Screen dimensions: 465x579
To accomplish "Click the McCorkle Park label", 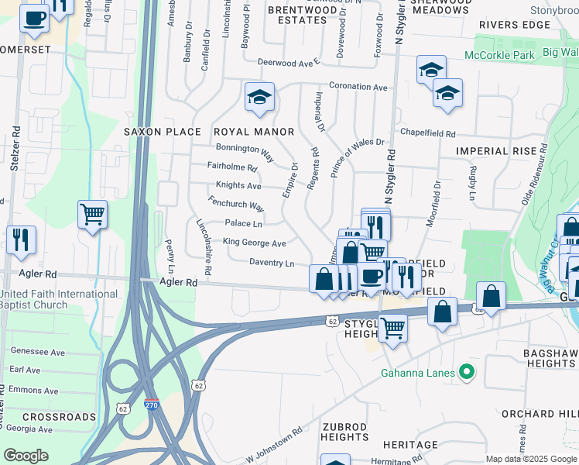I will [500, 55].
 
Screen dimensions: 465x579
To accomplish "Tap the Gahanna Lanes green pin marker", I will [465, 373].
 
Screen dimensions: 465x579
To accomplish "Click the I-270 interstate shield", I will [151, 405].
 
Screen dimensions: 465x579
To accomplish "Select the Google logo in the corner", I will [26, 456].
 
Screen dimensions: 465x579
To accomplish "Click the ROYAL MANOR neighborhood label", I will [253, 132].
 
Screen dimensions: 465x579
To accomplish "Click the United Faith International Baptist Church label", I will [59, 299].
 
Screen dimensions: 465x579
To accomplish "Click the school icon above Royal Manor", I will [259, 97].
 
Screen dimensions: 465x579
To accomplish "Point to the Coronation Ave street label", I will [358, 87].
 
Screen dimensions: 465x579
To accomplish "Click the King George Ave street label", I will [255, 243].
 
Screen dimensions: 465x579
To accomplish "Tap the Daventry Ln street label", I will [272, 263].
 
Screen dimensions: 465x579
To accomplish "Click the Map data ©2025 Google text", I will [529, 459].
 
